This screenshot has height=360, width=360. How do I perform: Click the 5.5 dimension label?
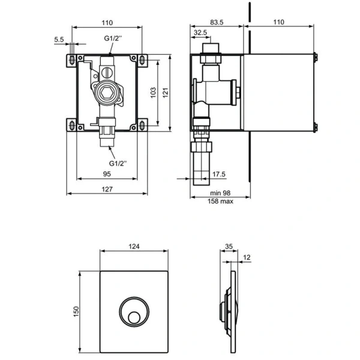click(59, 40)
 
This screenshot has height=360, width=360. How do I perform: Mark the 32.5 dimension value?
click(200, 33)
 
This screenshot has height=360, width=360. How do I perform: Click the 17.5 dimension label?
click(220, 175)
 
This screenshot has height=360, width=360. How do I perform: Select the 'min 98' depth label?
click(220, 193)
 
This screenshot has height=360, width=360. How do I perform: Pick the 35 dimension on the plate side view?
click(228, 246)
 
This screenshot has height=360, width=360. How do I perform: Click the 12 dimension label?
click(246, 257)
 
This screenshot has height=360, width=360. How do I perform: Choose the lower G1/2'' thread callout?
click(118, 163)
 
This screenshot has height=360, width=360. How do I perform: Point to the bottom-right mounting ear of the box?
click(143, 125)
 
